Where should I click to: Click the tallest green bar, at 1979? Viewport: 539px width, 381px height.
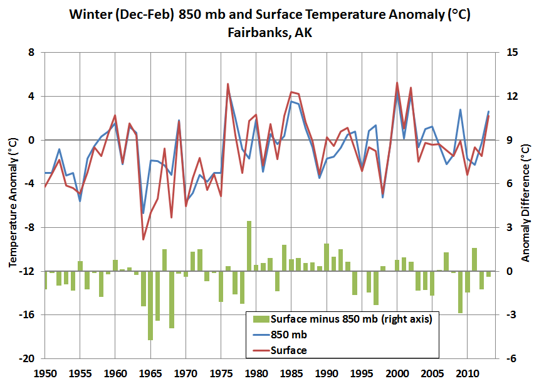[x=249, y=246]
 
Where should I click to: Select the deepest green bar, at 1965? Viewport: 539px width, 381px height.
[x=150, y=305]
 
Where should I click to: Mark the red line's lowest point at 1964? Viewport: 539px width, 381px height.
[x=144, y=239]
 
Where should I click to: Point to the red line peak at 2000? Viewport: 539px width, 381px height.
[x=397, y=83]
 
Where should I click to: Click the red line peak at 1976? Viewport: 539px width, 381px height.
[x=228, y=83]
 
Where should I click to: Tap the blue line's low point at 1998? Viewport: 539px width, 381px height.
[x=383, y=198]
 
